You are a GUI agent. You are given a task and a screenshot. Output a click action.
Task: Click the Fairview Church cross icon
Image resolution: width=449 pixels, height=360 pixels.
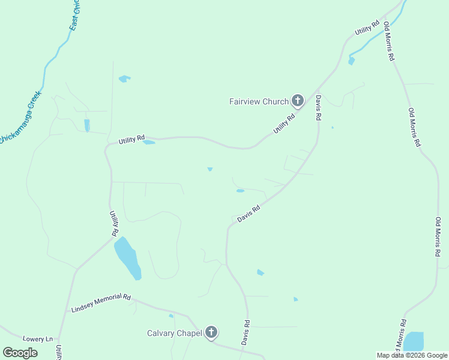(x=297, y=101)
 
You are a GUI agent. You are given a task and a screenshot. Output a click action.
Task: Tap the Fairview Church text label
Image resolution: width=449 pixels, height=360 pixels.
(x=259, y=101)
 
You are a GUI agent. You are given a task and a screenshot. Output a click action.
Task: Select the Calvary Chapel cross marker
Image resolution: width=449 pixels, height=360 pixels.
(x=211, y=332)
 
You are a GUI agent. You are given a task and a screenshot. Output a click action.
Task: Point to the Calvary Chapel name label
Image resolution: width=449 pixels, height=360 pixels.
(x=174, y=333)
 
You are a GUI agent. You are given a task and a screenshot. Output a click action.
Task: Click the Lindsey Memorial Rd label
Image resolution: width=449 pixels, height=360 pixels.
(x=101, y=303)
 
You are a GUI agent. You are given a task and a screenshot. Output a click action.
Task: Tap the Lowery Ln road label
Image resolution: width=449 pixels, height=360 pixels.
(x=38, y=339)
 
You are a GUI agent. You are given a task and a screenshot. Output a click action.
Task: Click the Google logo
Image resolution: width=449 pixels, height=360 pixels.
(x=20, y=353)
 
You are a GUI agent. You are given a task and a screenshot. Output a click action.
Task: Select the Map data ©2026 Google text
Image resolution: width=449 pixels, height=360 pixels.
(x=411, y=355)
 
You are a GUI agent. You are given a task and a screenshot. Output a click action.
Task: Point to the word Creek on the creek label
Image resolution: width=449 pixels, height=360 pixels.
(x=34, y=100)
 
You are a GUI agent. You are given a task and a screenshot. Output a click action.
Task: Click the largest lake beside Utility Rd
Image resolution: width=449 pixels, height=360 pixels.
(x=127, y=256)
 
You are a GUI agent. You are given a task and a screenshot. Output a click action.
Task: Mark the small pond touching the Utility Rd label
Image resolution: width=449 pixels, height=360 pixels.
(x=149, y=142)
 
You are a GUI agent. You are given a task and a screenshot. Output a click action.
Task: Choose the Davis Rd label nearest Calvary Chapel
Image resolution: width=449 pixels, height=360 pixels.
(x=246, y=332)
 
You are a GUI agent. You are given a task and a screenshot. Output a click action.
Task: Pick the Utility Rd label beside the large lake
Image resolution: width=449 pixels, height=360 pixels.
(x=113, y=223)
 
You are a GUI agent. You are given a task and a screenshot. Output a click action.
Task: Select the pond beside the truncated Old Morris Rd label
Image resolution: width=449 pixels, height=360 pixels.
(x=414, y=341)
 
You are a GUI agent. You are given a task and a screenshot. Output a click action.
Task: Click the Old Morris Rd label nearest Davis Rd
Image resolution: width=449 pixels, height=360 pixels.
(x=389, y=41)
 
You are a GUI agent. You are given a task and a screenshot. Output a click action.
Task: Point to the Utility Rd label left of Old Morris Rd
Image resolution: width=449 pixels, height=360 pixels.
(x=367, y=28)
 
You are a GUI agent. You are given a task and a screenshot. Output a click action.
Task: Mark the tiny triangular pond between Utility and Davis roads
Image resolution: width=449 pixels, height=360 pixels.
(x=210, y=169)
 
